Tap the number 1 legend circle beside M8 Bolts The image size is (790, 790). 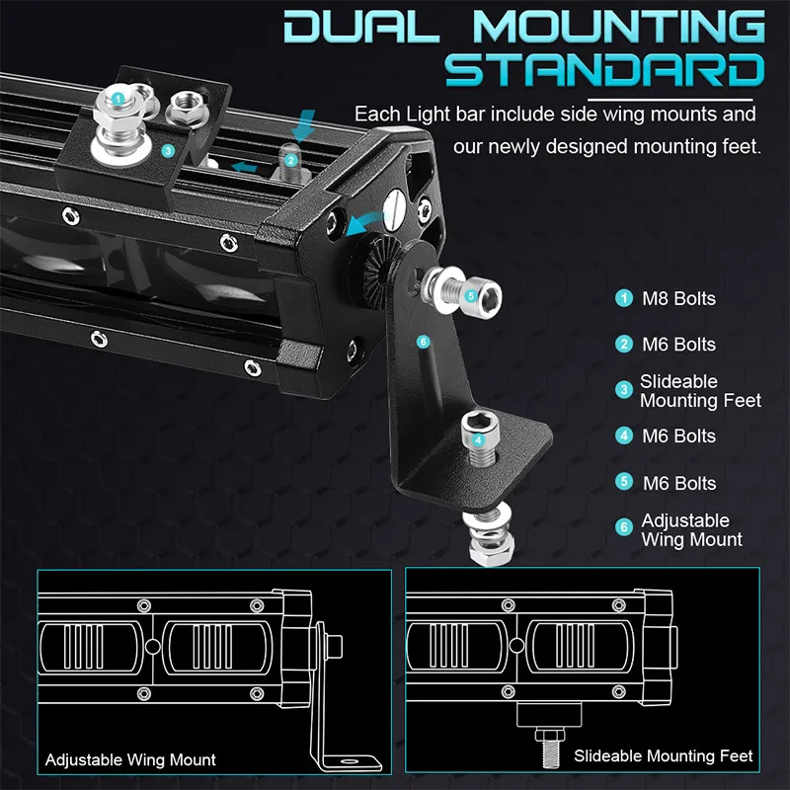pyautogui.click(x=623, y=298)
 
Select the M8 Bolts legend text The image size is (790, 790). pyautogui.click(x=678, y=298)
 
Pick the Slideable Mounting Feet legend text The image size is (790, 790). pyautogui.click(x=699, y=391)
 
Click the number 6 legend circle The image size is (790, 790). pyautogui.click(x=623, y=527)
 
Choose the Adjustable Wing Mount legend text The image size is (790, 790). pyautogui.click(x=691, y=530)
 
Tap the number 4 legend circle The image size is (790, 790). pyautogui.click(x=623, y=435)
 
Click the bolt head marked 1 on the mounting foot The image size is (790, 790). pyautogui.click(x=118, y=99)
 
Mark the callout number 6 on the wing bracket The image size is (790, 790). pyautogui.click(x=424, y=342)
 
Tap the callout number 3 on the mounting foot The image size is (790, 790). pyautogui.click(x=168, y=151)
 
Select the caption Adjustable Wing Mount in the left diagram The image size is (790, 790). pyautogui.click(x=130, y=760)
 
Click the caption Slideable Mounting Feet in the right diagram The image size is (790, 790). pyautogui.click(x=663, y=756)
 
